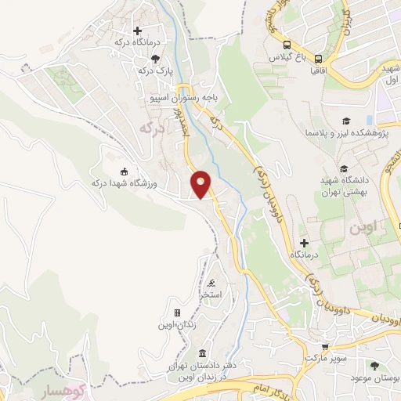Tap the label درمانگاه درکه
(x=136, y=42)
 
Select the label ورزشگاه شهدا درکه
(x=120, y=182)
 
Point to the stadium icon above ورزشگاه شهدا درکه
(x=123, y=171)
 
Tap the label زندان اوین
(x=176, y=323)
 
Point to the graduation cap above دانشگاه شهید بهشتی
(x=342, y=168)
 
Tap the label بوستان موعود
(x=375, y=377)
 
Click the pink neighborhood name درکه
(x=153, y=127)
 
